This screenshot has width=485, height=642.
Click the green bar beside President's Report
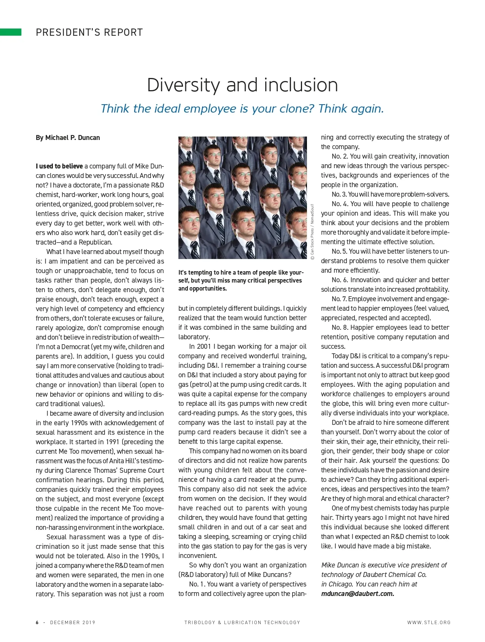pyautogui.click(x=11, y=32)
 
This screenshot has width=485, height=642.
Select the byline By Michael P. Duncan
pyautogui.click(x=68, y=138)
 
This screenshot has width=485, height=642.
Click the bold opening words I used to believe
pyautogui.click(x=59, y=166)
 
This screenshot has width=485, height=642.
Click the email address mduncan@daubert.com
pyautogui.click(x=358, y=594)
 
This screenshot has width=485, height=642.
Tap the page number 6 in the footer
pyautogui.click(x=37, y=623)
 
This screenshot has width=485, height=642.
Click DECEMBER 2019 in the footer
pyautogui.click(x=73, y=623)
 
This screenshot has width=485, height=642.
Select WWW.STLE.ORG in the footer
pyautogui.click(x=429, y=623)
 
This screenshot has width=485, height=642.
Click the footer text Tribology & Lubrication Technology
pyautogui.click(x=242, y=623)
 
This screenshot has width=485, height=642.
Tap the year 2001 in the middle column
pyautogui.click(x=204, y=346)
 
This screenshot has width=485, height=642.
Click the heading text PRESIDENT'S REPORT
pyautogui.click(x=89, y=32)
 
